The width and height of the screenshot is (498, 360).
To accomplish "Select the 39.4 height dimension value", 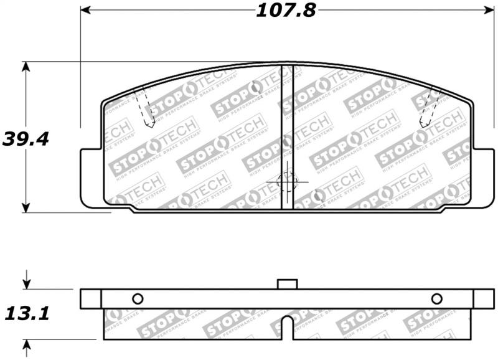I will point(26,138).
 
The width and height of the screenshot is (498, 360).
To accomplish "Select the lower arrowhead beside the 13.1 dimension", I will point(26,344).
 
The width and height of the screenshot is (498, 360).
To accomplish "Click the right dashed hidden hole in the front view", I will point(430,108).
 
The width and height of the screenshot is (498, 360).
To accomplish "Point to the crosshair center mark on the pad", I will point(287,182).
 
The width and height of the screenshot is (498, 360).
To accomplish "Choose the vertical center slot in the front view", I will point(287,137).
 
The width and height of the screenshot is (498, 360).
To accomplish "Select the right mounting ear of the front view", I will point(482,178).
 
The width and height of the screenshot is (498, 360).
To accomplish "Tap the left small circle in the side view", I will point(138,298).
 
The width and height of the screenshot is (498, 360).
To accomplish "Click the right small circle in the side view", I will point(436,298).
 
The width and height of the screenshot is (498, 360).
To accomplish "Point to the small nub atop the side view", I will point(286,284).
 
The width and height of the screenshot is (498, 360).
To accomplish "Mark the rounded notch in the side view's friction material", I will point(286,327).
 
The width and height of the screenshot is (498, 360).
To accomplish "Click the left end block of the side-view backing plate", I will point(91,298).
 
